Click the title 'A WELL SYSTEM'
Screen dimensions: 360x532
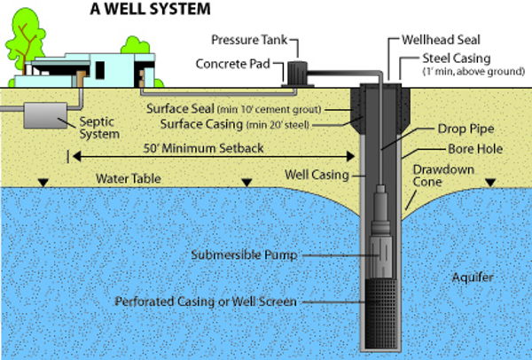[x=145, y=11]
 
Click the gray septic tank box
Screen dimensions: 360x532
[x=41, y=116]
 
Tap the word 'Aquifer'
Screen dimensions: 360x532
[x=470, y=278]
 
